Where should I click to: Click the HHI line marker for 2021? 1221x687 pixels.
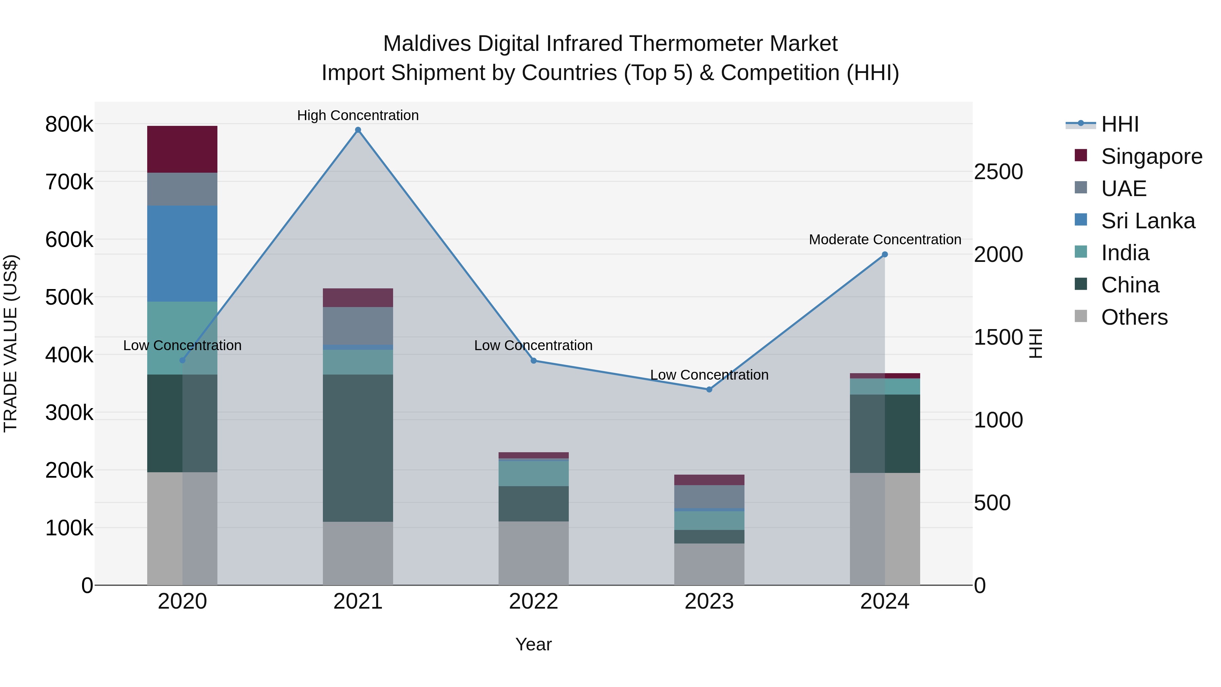click(x=358, y=130)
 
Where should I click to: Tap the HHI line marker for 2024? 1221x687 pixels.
click(x=885, y=254)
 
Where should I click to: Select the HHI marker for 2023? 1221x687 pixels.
click(x=709, y=389)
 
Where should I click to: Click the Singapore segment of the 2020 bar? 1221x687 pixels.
click(x=182, y=149)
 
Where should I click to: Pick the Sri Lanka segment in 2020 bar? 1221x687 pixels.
click(x=182, y=254)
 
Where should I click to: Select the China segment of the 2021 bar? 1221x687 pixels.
click(x=358, y=448)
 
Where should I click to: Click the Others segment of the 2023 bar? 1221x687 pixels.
click(x=709, y=564)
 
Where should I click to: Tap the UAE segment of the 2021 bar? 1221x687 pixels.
click(x=358, y=326)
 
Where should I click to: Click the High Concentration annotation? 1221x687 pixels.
click(x=358, y=115)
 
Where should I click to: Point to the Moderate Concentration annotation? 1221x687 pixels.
click(x=885, y=240)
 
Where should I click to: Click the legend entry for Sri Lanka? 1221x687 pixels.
click(x=1147, y=221)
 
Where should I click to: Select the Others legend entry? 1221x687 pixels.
click(x=1134, y=317)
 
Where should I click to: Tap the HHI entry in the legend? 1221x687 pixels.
click(x=1119, y=124)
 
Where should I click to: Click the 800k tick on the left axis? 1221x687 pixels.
click(x=69, y=125)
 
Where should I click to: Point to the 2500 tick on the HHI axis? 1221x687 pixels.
click(x=998, y=172)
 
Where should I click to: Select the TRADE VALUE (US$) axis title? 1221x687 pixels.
click(x=11, y=343)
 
